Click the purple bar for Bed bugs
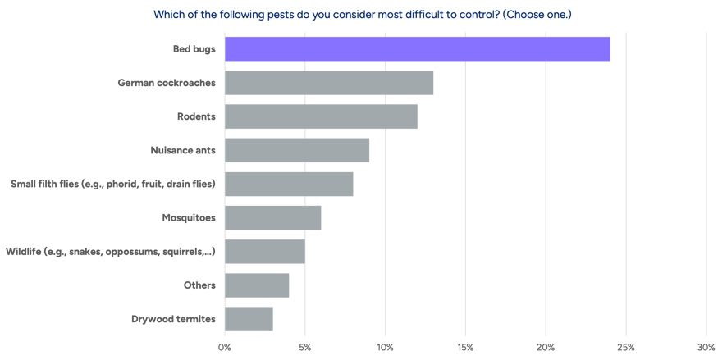[x=418, y=49]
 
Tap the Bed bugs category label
[x=194, y=49]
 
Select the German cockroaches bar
[x=329, y=83]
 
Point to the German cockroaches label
[x=167, y=83]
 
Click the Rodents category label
[x=196, y=116]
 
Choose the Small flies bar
[x=290, y=184]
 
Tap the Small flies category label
[x=112, y=184]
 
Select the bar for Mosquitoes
[x=273, y=217]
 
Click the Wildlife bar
[x=264, y=251]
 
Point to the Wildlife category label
[x=110, y=251]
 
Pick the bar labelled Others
[x=257, y=285]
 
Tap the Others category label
[x=199, y=285]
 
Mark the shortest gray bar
[x=249, y=318]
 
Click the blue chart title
[x=362, y=13]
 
